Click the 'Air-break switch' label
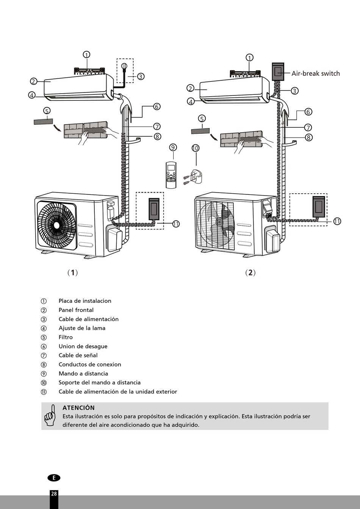315,74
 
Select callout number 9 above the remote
173,147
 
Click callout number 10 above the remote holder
195,148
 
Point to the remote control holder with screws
195,176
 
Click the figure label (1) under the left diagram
72,273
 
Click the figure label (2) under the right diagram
250,273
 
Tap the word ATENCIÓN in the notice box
78,408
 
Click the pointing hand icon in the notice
50,415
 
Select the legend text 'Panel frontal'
76,310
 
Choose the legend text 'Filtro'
66,337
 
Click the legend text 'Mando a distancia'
83,374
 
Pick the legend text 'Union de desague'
83,346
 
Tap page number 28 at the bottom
54,493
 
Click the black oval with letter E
54,478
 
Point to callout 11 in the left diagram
176,224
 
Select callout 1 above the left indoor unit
86,55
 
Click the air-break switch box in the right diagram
278,72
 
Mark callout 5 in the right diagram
202,119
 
